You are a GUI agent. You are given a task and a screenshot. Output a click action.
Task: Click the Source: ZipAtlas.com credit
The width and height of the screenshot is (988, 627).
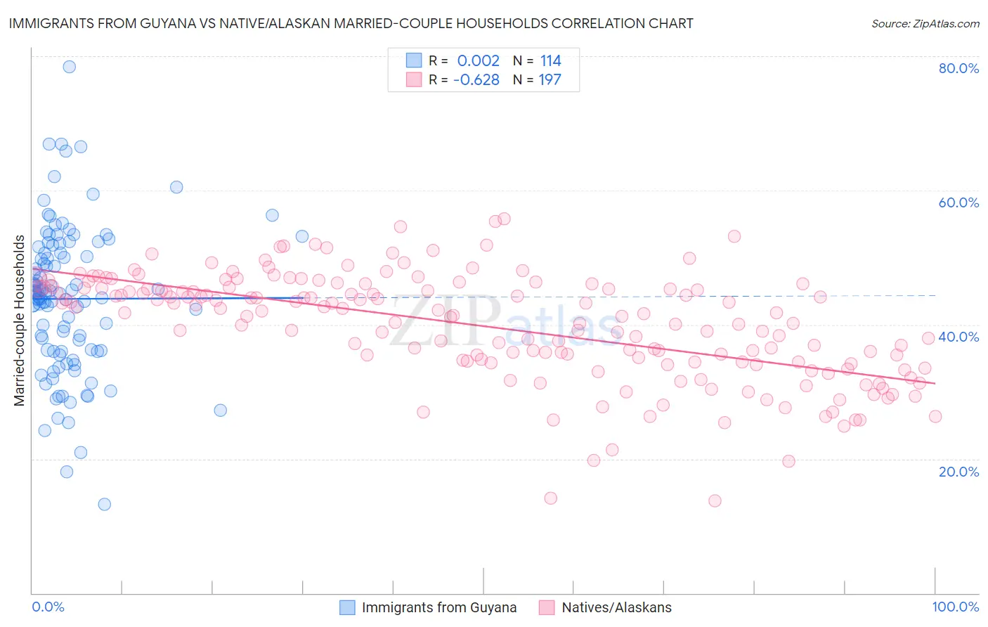coord(925,24)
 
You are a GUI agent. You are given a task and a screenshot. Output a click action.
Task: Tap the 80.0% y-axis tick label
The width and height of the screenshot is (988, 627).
coord(958,68)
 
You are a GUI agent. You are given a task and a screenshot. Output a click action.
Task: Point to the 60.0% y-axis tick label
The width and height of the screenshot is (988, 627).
coord(958,202)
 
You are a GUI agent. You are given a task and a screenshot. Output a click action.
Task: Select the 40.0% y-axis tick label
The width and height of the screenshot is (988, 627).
coord(958,337)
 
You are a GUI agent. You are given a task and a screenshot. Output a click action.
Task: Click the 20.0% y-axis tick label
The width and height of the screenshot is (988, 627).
coord(958,472)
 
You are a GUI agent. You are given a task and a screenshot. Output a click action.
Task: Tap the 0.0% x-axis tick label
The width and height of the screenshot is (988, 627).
coord(48,607)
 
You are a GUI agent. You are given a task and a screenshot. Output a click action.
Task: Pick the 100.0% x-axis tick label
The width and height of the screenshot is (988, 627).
coord(955,607)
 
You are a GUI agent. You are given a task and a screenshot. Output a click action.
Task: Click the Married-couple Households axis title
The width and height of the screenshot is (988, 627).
coord(20,321)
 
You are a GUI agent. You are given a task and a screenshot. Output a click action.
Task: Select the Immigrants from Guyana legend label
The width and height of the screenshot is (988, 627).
coord(438,607)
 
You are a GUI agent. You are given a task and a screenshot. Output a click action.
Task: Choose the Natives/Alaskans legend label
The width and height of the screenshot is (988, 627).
coord(616,607)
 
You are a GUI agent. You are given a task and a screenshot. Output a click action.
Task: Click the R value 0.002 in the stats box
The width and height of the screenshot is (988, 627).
coord(478,61)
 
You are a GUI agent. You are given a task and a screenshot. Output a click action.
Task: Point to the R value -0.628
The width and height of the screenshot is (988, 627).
coord(476,80)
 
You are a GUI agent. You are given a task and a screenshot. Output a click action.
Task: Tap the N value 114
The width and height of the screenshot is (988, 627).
coord(550,61)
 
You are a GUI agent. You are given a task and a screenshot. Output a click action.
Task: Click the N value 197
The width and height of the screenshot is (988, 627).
coord(550,80)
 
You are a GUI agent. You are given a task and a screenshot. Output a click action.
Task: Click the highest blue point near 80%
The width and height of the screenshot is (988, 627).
coord(69,67)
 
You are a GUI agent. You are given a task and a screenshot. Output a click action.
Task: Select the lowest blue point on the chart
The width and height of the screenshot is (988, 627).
coord(104,504)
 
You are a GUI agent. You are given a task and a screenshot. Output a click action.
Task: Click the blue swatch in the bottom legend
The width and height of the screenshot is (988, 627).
coord(347,607)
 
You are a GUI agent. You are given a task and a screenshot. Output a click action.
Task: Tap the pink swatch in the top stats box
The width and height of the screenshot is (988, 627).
coord(414,79)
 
